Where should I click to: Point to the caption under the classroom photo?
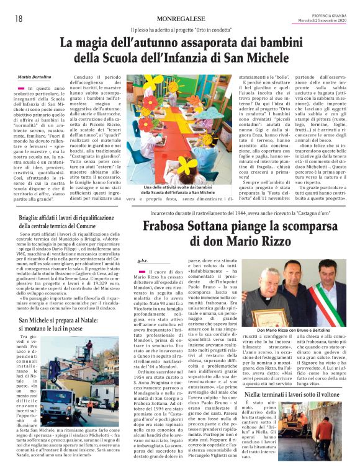click(x=179, y=190)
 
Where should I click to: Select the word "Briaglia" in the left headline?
click(x=30, y=218)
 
